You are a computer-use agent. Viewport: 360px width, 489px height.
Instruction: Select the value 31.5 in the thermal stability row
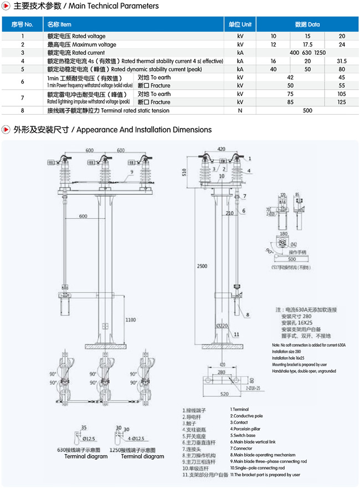pos(342,61)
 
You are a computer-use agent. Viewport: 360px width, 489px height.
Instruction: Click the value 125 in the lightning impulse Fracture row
pos(342,102)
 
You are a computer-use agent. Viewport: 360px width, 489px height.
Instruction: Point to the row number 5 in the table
pos(23,69)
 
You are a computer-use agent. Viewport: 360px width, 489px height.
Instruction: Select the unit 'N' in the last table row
pos(240,111)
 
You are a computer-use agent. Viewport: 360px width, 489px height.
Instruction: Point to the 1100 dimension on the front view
pos(130,320)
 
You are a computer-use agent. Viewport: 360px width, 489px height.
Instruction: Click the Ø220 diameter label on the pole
pos(223,326)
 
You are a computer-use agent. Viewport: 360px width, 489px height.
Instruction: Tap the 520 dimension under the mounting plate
pos(222,394)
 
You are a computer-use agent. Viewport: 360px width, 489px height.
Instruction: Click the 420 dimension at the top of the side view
pos(222,150)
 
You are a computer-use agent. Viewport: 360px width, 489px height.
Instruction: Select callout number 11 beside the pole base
pos(236,334)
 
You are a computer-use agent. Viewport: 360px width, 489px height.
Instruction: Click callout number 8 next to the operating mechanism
pos(248,314)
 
